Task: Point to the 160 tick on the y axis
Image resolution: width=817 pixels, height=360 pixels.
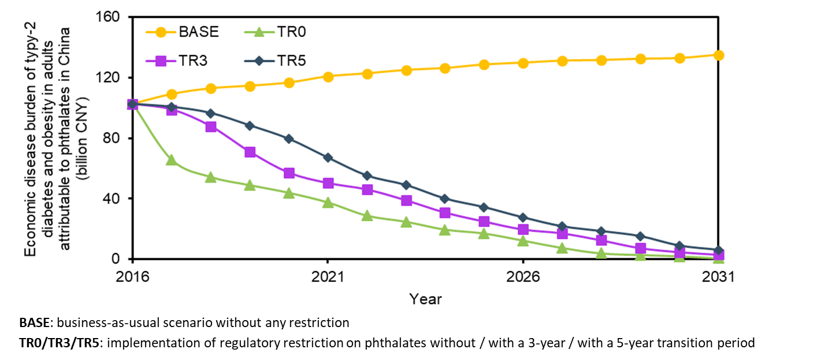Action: pyautogui.click(x=108, y=17)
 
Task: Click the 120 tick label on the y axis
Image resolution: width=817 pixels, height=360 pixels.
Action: pyautogui.click(x=108, y=77)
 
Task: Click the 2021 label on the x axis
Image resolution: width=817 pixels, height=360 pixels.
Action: pyautogui.click(x=328, y=277)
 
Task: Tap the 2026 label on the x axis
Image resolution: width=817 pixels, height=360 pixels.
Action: pyautogui.click(x=522, y=277)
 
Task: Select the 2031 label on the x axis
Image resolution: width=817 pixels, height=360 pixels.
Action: pyautogui.click(x=717, y=277)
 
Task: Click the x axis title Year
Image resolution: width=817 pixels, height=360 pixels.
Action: pyautogui.click(x=425, y=299)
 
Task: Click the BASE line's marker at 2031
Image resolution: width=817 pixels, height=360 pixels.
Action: pyautogui.click(x=718, y=55)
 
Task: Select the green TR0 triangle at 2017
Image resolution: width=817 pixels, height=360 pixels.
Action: pyautogui.click(x=172, y=160)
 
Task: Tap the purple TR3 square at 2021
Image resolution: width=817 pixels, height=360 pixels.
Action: pyautogui.click(x=328, y=183)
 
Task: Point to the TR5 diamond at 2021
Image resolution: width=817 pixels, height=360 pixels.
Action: pyautogui.click(x=328, y=157)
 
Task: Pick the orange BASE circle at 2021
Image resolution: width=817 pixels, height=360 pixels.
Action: pyautogui.click(x=328, y=76)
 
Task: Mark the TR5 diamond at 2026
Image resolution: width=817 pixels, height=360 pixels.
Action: pyautogui.click(x=522, y=217)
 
